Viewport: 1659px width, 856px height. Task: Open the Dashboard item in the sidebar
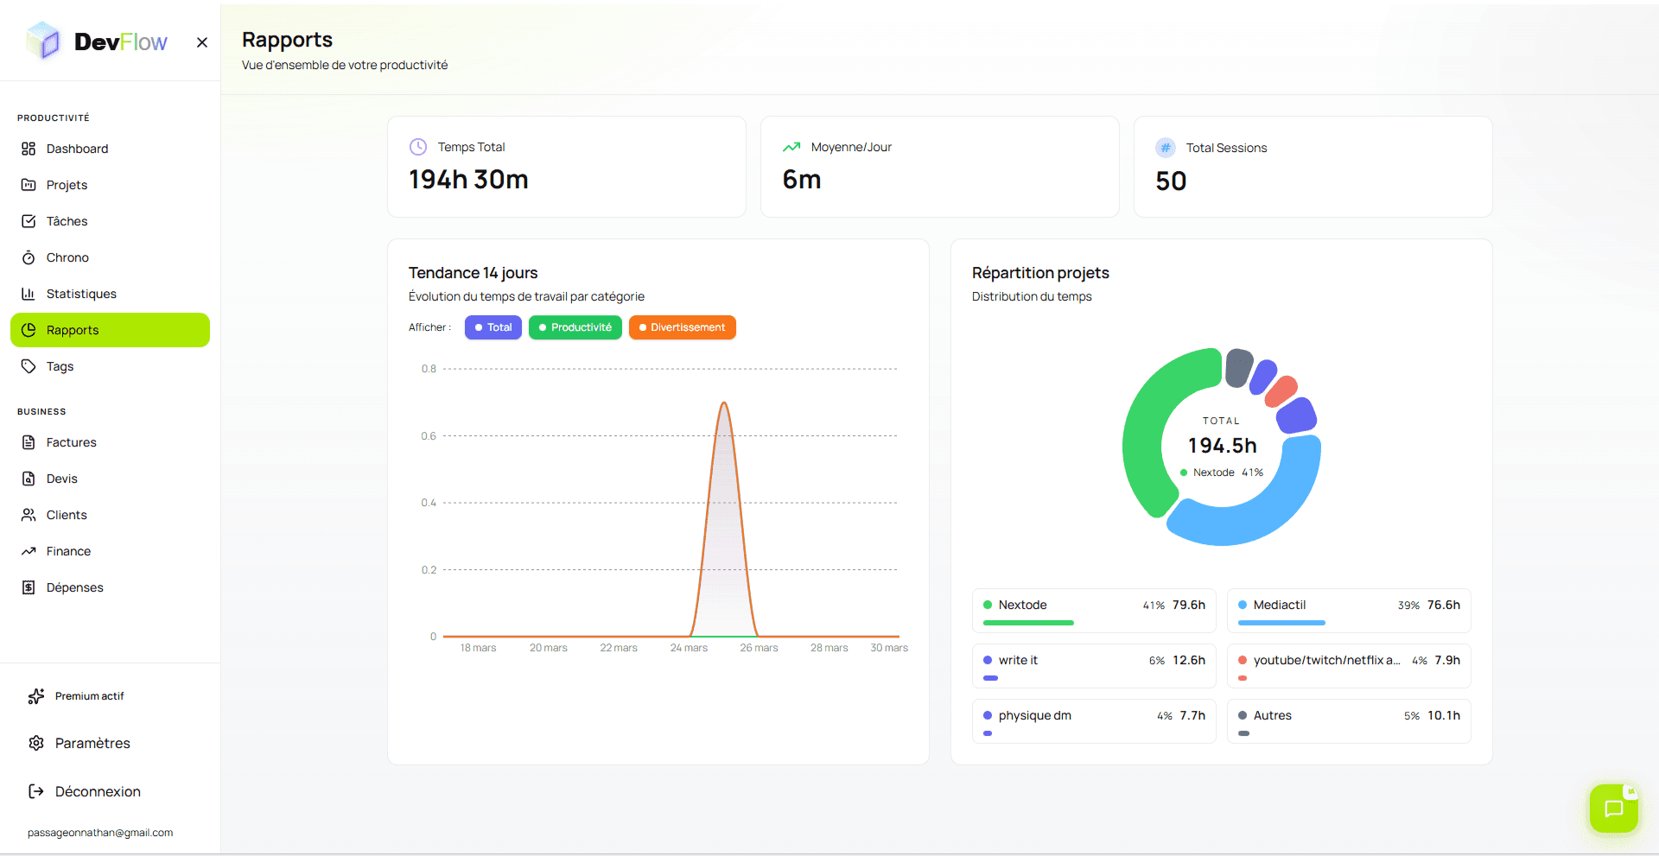coord(77,149)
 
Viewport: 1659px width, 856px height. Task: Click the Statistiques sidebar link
coord(80,294)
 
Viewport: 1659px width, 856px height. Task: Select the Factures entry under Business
coord(71,442)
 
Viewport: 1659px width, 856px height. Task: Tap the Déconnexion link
coord(97,791)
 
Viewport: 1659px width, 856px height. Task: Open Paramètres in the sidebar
coord(92,743)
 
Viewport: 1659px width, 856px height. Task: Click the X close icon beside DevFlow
coord(202,42)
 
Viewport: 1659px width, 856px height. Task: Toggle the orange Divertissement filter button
coord(682,327)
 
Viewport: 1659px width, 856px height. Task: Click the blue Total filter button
coord(493,327)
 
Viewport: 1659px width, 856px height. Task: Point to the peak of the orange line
coord(724,403)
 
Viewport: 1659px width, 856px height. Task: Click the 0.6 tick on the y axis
coord(429,436)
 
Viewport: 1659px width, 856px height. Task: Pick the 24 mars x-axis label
coord(689,648)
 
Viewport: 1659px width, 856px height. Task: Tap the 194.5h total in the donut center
coord(1222,446)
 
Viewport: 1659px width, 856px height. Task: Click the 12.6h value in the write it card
coord(1188,660)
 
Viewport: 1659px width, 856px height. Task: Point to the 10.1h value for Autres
coord(1443,715)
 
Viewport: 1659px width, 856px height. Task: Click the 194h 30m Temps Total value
coord(468,180)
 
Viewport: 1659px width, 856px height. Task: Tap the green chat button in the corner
coord(1613,808)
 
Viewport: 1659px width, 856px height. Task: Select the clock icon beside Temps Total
coord(418,147)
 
